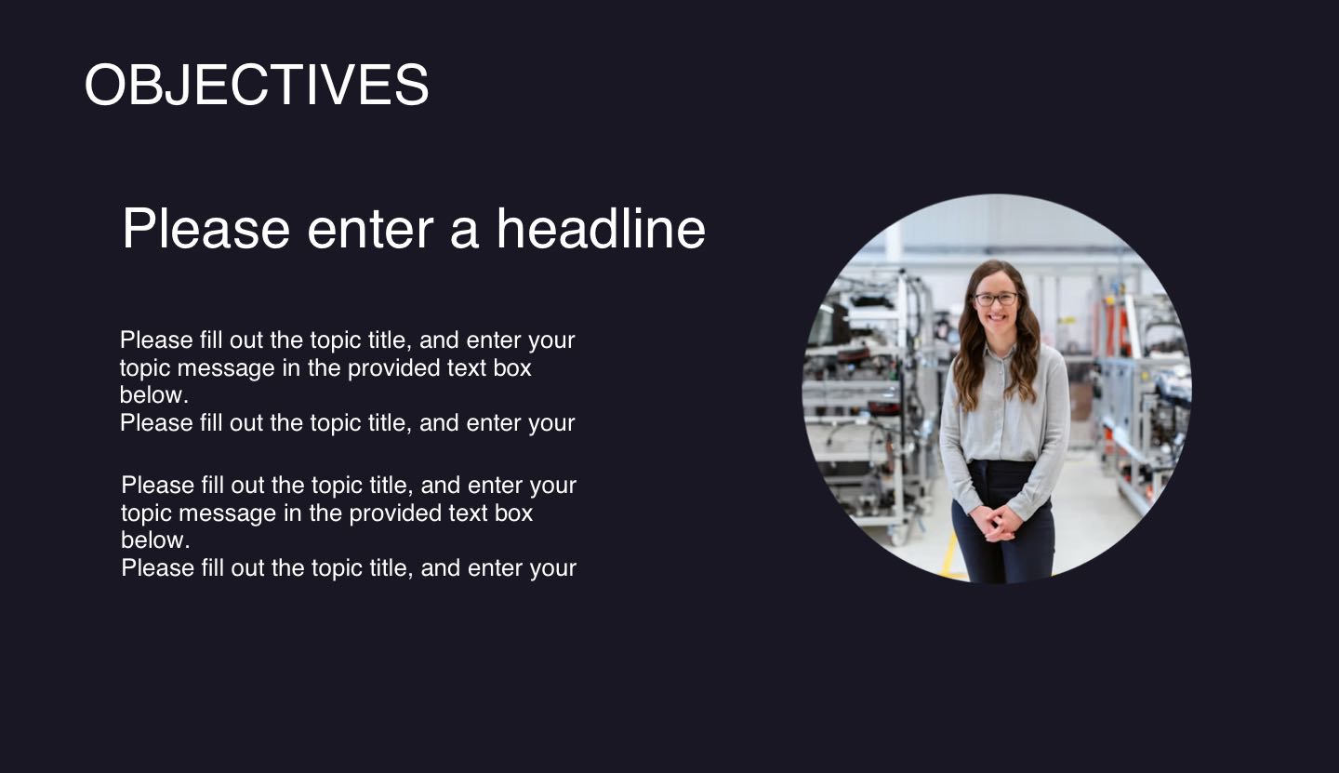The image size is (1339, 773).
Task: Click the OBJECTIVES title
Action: point(256,85)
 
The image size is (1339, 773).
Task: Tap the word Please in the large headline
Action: point(205,229)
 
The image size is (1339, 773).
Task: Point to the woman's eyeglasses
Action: point(996,300)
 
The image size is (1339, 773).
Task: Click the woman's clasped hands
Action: point(996,523)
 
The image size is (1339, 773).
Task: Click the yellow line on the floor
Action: point(949,557)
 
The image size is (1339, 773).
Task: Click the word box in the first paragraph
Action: point(512,368)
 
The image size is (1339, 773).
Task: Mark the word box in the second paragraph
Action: point(513,513)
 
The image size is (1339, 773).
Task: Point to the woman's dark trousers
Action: point(1004,549)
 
